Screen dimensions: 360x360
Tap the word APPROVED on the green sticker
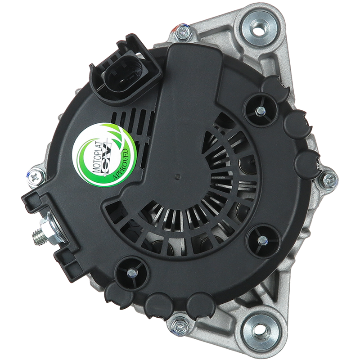121,164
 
